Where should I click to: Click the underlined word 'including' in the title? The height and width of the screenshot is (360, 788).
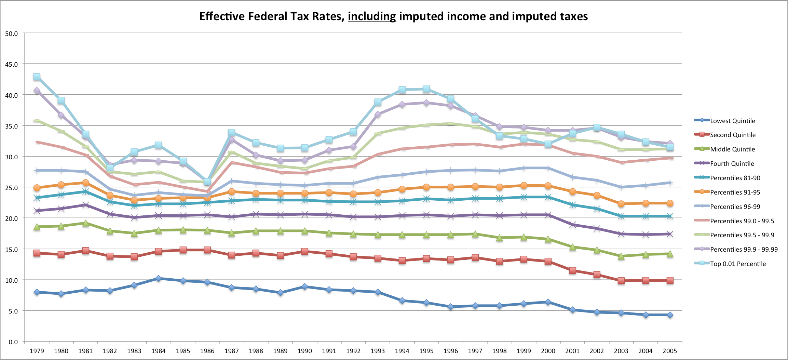(372, 16)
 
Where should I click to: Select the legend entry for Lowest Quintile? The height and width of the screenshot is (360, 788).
(732, 121)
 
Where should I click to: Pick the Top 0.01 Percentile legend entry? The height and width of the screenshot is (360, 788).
(738, 264)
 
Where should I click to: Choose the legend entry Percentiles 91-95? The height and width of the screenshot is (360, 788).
(735, 192)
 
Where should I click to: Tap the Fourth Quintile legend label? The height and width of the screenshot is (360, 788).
(732, 164)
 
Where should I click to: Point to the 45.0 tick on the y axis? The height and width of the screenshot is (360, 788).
(11, 64)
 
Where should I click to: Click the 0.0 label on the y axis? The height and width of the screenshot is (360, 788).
(13, 342)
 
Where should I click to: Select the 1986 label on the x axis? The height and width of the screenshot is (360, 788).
(207, 351)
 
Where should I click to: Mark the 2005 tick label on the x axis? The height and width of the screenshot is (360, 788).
(669, 351)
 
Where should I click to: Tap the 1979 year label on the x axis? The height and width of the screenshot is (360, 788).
(37, 351)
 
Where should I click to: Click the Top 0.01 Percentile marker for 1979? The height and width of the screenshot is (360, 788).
(37, 77)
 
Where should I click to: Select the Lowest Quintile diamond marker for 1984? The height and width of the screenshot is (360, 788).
(158, 279)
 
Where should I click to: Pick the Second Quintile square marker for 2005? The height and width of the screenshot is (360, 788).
(670, 280)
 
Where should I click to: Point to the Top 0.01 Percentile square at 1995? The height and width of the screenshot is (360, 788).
(426, 89)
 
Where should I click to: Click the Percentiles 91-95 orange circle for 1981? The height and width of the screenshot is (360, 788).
(85, 183)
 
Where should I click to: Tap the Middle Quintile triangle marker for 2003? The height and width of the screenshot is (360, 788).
(621, 256)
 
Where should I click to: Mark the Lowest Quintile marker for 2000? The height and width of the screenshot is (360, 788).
(548, 302)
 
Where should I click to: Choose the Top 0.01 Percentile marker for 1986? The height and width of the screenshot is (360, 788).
(207, 182)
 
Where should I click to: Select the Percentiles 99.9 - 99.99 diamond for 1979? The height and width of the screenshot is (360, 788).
(37, 91)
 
